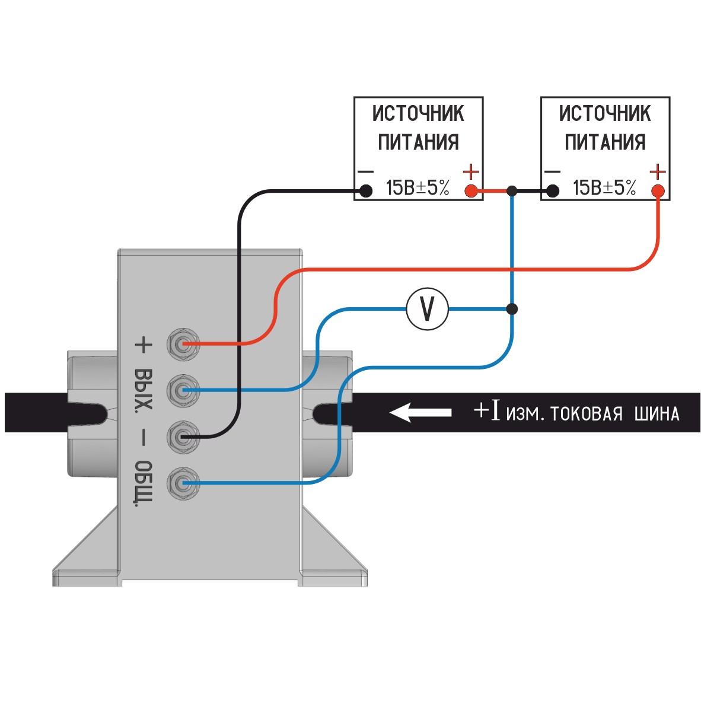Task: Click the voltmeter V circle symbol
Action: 427,309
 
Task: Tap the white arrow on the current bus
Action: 420,412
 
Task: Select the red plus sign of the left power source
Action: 471,172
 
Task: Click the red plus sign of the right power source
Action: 657,172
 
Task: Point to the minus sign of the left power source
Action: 366,172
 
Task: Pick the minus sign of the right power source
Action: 552,172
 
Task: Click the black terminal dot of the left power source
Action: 367,191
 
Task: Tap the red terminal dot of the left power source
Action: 471,191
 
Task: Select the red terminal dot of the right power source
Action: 657,191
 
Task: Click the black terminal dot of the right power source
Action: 553,191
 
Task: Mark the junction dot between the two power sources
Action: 512,191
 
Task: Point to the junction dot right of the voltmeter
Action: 512,309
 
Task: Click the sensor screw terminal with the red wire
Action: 183,344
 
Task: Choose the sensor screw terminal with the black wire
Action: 183,437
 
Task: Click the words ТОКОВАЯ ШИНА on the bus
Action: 614,413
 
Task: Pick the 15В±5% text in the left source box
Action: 418,188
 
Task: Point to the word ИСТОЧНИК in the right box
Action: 605,113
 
